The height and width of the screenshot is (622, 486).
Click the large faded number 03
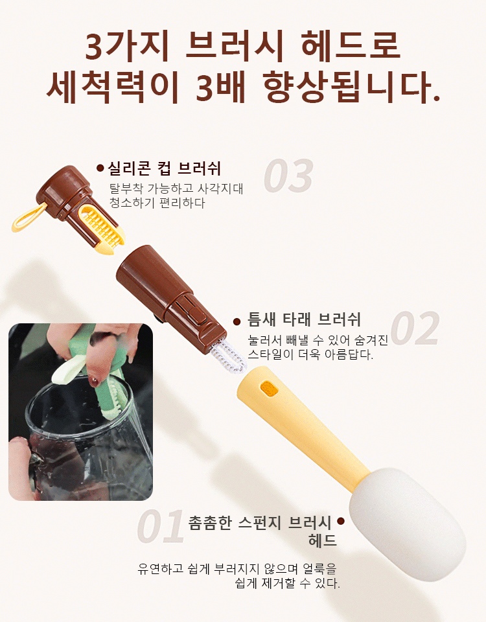click(x=288, y=176)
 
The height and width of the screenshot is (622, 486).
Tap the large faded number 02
click(x=415, y=329)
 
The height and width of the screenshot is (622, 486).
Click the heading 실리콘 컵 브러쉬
click(x=164, y=169)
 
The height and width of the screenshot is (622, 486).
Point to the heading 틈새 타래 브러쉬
click(x=304, y=319)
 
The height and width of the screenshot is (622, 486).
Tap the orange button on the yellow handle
click(x=268, y=388)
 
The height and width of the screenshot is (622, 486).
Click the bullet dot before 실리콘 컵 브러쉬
click(x=100, y=168)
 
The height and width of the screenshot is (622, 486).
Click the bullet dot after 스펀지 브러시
click(x=341, y=520)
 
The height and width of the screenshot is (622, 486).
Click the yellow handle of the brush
click(x=305, y=421)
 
